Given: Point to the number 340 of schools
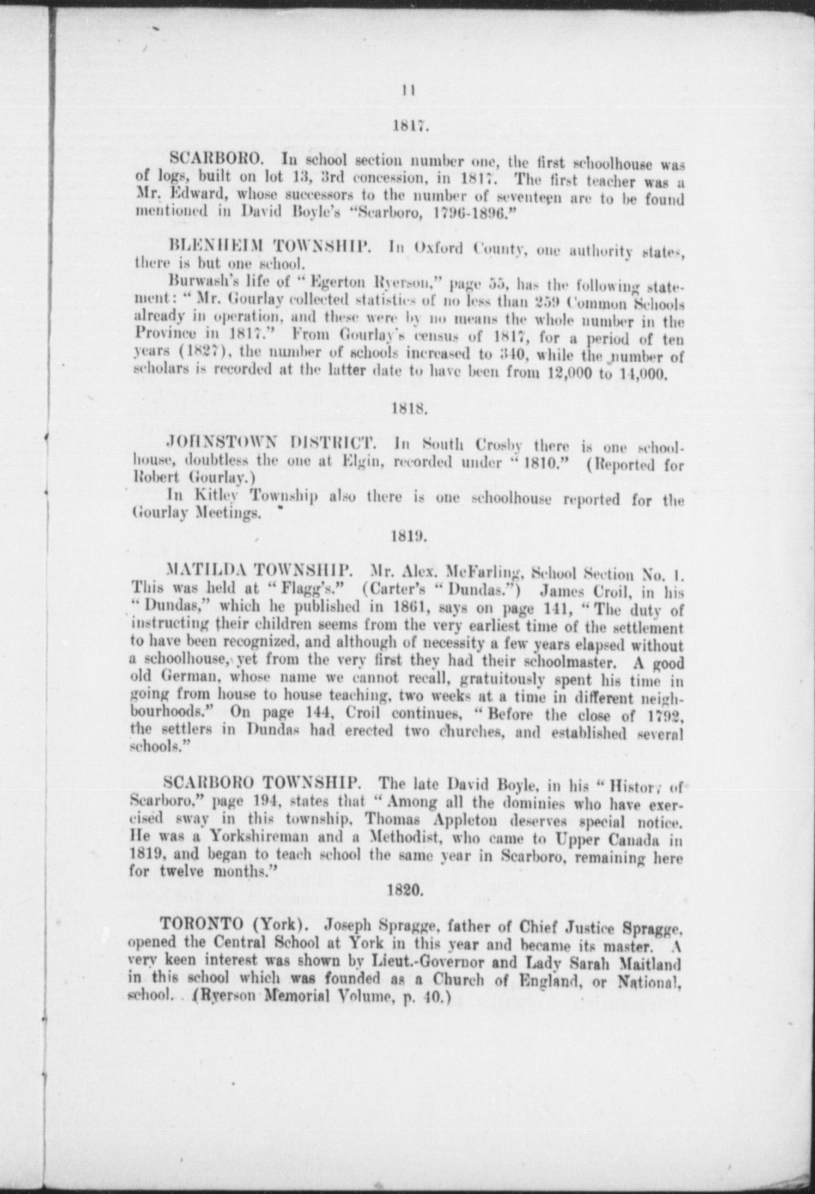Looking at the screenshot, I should pos(513,356).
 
